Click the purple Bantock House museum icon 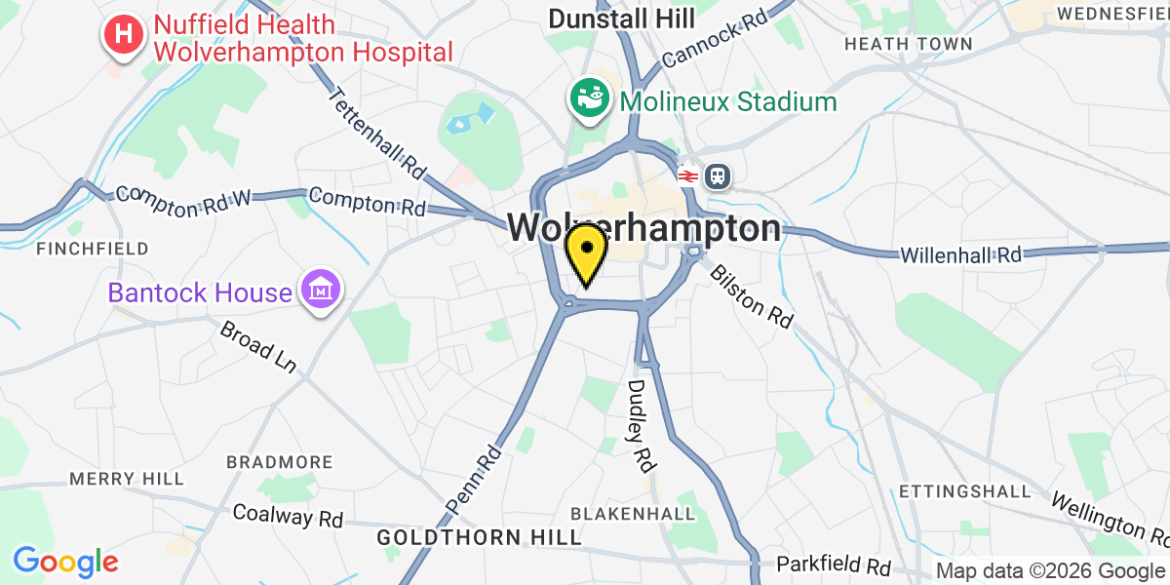(319, 290)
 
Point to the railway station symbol (718, 175)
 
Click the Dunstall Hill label (621, 18)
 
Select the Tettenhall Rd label (378, 136)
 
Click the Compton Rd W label (182, 193)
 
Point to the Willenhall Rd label (960, 253)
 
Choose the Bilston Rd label (751, 295)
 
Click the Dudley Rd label (639, 426)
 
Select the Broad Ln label (257, 346)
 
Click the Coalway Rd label (288, 515)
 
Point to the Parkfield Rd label (834, 565)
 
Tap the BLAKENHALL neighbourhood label (633, 513)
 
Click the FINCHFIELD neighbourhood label (93, 249)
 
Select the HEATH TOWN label (908, 44)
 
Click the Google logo (65, 562)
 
